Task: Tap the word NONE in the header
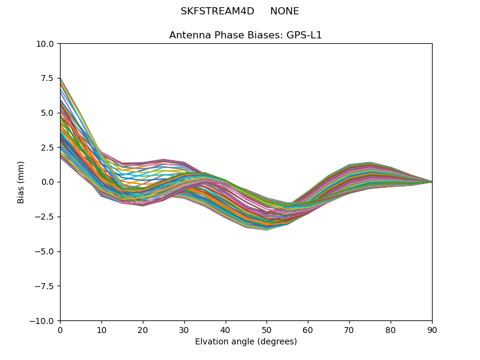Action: pyautogui.click(x=284, y=11)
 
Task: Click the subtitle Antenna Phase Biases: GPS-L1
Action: pyautogui.click(x=245, y=35)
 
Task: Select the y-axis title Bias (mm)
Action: pyautogui.click(x=21, y=182)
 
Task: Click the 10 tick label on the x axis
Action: pyautogui.click(x=101, y=330)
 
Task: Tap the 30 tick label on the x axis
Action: pyautogui.click(x=184, y=330)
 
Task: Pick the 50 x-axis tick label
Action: pyautogui.click(x=266, y=330)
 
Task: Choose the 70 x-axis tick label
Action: pyautogui.click(x=349, y=330)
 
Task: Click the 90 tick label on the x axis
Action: pyautogui.click(x=432, y=330)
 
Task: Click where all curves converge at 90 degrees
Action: pyautogui.click(x=431, y=182)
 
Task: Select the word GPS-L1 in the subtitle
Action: pyautogui.click(x=307, y=35)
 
